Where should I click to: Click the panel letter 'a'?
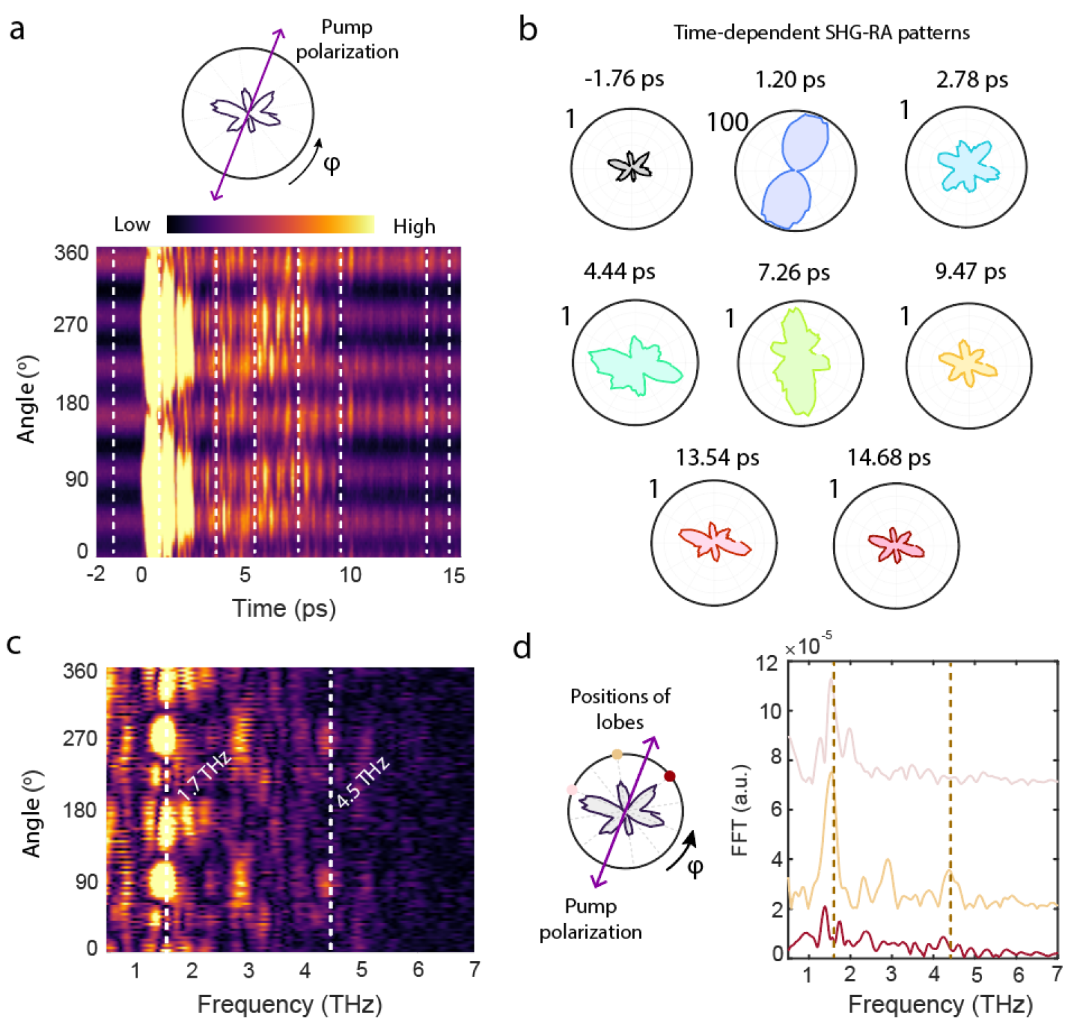click(x=17, y=30)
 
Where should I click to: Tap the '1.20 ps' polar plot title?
click(x=790, y=79)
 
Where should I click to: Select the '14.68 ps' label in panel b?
click(x=889, y=457)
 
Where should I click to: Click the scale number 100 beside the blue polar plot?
click(x=727, y=123)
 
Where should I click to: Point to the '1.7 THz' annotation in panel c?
click(x=204, y=777)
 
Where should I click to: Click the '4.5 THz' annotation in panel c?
click(x=363, y=783)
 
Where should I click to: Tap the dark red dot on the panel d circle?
click(x=669, y=776)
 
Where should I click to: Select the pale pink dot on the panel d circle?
click(x=572, y=789)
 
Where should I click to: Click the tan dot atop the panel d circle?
click(x=617, y=755)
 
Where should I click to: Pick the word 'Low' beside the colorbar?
click(x=132, y=225)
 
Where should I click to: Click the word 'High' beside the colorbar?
click(x=414, y=227)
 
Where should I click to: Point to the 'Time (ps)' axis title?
click(x=284, y=609)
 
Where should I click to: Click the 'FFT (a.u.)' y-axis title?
click(x=740, y=810)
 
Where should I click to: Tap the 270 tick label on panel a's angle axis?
click(x=70, y=324)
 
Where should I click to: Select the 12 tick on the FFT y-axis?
click(x=766, y=663)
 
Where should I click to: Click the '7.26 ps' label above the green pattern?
click(x=794, y=272)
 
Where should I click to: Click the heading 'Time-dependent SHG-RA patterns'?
click(x=821, y=32)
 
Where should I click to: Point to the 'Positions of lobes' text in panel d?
click(x=620, y=708)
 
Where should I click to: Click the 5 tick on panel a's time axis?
click(x=245, y=575)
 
